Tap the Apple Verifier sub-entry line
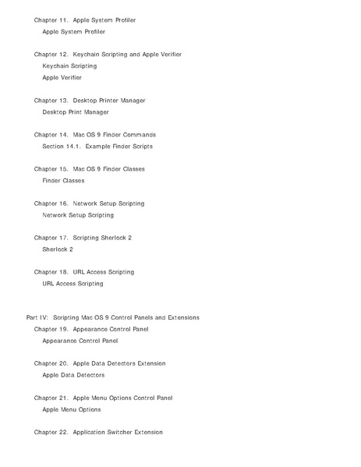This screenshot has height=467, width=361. pos(62,78)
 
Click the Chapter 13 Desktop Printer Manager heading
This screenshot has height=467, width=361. pos(90,101)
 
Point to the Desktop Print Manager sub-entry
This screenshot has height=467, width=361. pos(76,112)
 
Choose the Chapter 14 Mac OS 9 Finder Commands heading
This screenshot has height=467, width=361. pos(95,135)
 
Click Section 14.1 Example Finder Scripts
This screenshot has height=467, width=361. pos(97,147)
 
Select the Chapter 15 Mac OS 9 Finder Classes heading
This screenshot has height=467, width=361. pos(90,169)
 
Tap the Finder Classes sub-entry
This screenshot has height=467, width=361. pos(63,181)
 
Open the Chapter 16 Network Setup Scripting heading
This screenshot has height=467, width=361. pos(90,203)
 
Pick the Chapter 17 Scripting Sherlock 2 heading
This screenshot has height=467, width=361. pos(83,238)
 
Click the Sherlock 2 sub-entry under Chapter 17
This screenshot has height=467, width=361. pos(58,249)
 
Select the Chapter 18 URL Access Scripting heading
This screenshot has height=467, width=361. pos(84,272)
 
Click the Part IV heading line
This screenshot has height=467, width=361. pos(112,317)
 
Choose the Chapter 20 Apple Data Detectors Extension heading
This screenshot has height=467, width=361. pos(100,363)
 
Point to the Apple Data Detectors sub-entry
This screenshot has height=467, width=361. pos(73,375)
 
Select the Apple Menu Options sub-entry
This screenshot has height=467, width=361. pos(72,409)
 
